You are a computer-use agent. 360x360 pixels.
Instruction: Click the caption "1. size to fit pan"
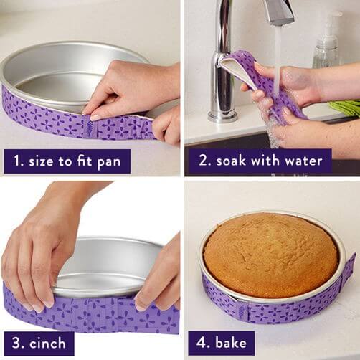pos(67,161)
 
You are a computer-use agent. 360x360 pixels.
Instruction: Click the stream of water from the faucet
pos(277,50)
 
